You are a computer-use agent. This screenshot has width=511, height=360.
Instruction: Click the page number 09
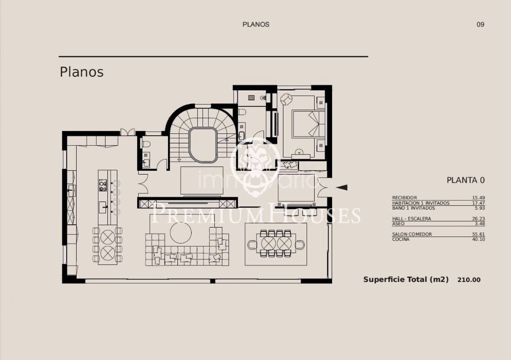pos(480,24)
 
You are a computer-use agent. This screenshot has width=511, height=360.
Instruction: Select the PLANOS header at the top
pos(256,24)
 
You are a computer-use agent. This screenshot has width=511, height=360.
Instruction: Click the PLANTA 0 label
pos(466,180)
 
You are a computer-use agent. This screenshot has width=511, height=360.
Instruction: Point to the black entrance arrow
pos(342,188)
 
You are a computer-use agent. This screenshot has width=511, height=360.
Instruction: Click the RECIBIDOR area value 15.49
pos(479,198)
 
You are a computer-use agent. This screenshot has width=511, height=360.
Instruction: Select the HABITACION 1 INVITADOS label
pos(421,203)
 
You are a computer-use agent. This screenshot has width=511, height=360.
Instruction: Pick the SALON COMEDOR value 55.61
pos(479,234)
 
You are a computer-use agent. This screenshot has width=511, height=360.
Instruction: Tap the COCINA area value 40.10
pos(479,239)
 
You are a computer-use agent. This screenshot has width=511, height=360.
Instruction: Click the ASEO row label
pos(398,224)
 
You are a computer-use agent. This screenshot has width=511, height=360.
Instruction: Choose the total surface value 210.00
pos(469,280)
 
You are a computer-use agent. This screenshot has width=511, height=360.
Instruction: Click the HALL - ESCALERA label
pos(412,219)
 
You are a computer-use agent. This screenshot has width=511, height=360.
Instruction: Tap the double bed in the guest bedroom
pos(309,124)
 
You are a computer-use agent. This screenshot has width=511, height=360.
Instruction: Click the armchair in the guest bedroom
pos(286,99)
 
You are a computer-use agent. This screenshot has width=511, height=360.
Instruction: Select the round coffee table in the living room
pos(181,233)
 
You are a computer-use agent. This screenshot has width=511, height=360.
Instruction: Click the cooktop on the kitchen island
pos(103,185)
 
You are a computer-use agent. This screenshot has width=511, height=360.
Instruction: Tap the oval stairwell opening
pos(203,145)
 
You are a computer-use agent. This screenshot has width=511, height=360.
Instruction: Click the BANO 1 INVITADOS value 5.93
pos(480,208)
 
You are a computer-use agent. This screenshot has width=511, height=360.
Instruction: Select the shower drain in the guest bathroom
pos(251,97)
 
